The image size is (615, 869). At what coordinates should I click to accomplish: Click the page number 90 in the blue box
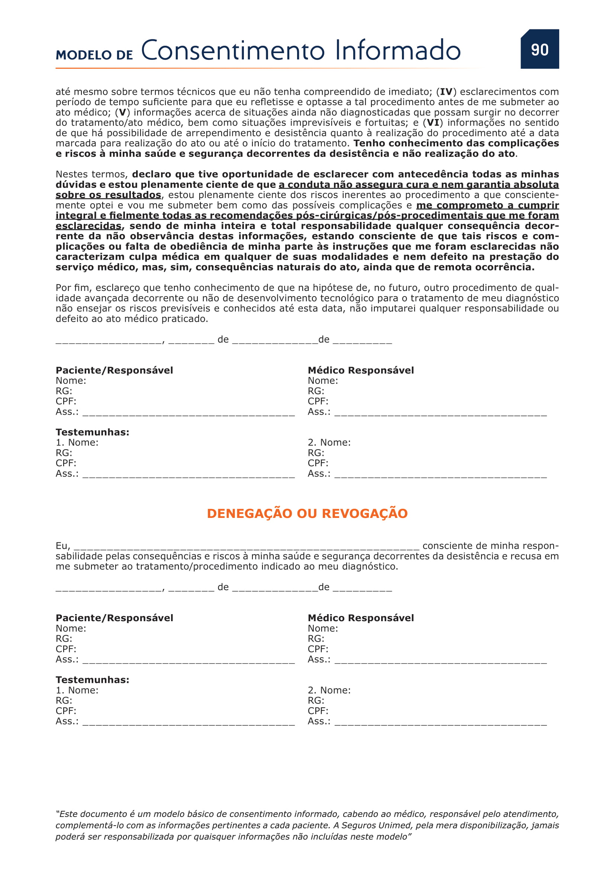point(539,49)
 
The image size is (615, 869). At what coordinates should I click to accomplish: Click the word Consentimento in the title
point(232,51)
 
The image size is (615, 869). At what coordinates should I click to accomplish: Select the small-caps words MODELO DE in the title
point(94,55)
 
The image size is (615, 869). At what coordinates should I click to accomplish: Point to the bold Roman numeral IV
point(446,92)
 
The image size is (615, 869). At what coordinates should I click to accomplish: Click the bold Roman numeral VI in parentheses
point(433,123)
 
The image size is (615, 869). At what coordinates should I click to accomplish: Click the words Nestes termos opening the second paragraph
point(91,175)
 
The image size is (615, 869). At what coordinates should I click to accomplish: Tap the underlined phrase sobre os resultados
point(108,195)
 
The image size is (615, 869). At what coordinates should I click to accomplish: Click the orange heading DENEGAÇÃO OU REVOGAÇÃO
point(307,513)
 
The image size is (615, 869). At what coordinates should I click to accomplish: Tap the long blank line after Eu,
point(246,547)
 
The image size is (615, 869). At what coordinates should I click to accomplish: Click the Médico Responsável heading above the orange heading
point(361,370)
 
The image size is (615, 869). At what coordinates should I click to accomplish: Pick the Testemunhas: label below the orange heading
point(93,680)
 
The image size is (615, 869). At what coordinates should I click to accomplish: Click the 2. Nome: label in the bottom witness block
point(329,690)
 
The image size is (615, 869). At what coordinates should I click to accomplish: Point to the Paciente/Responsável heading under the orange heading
point(115,618)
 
